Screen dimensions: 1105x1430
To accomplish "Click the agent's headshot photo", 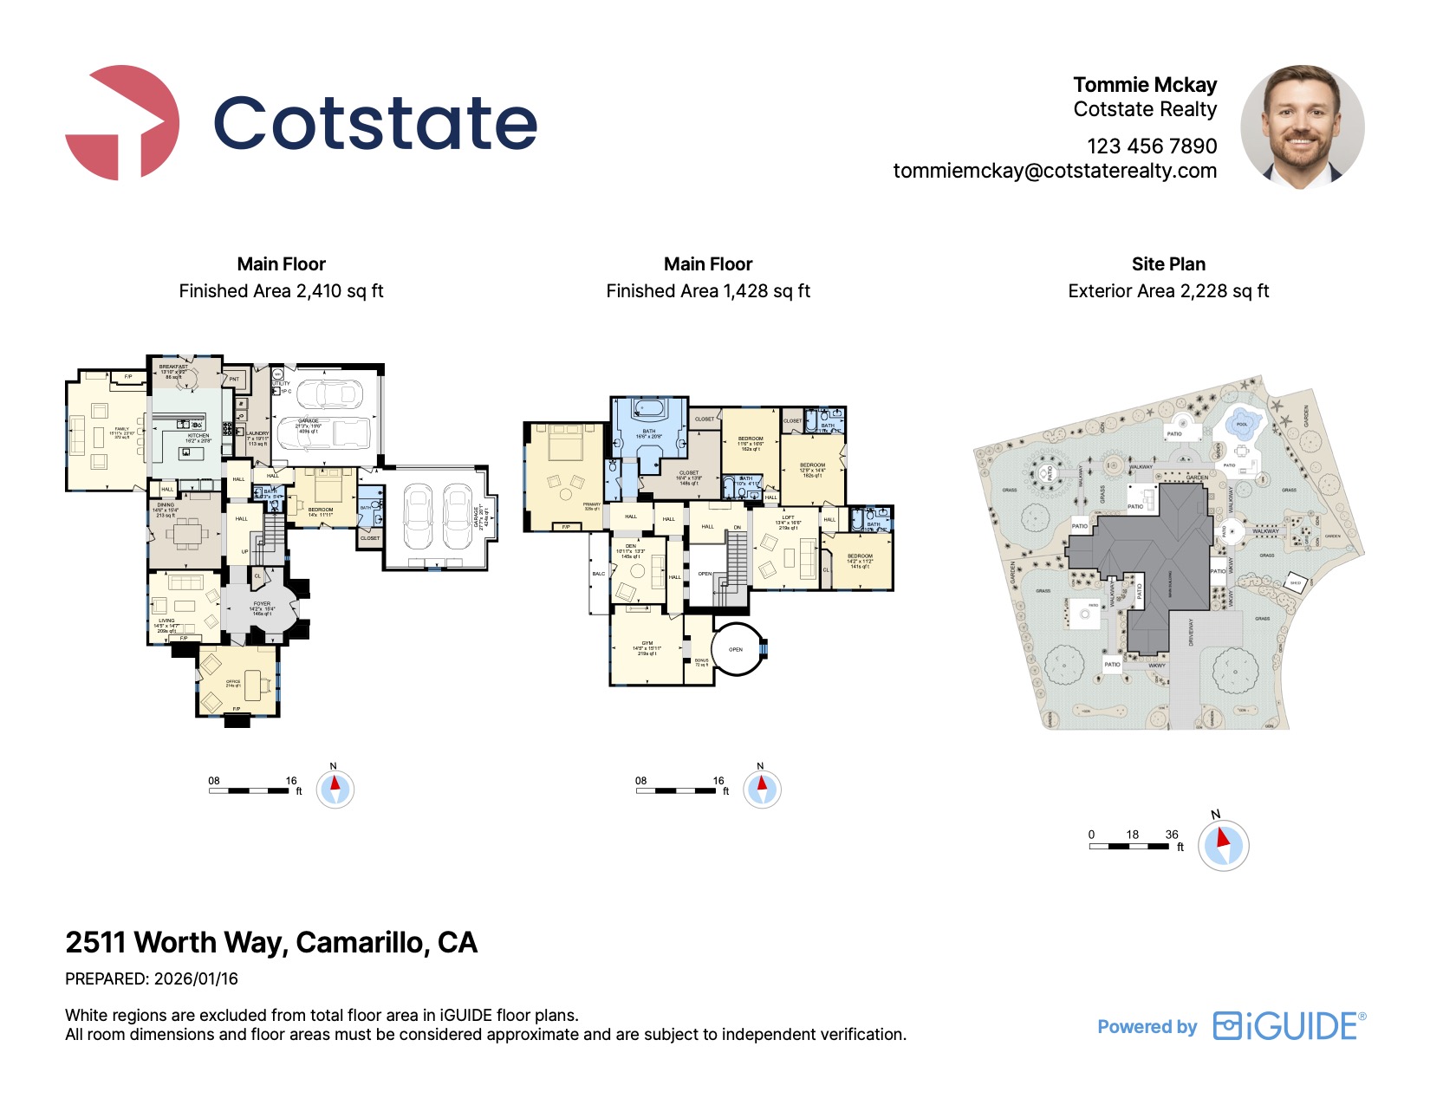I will (1302, 126).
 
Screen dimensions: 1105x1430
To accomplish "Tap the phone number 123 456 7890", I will (1152, 146).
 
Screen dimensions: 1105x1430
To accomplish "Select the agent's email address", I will (1055, 171).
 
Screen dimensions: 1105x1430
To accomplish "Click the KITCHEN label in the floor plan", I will (198, 436).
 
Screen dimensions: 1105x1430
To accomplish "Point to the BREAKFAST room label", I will (173, 367).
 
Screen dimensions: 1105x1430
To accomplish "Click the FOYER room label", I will (262, 604).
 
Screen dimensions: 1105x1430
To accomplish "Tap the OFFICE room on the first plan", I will (233, 682).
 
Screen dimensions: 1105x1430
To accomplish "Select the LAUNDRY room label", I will (258, 433).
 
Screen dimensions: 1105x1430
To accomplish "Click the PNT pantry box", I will (234, 379).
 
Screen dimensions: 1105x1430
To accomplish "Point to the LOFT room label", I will (788, 517).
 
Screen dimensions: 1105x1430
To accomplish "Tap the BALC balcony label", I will (599, 574).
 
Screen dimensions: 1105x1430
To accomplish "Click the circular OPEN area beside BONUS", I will (736, 649).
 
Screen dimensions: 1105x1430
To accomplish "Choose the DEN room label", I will (631, 546).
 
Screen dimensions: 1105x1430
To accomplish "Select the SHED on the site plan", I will (1296, 583).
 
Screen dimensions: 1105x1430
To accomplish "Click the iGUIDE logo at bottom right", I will (1289, 1026).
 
